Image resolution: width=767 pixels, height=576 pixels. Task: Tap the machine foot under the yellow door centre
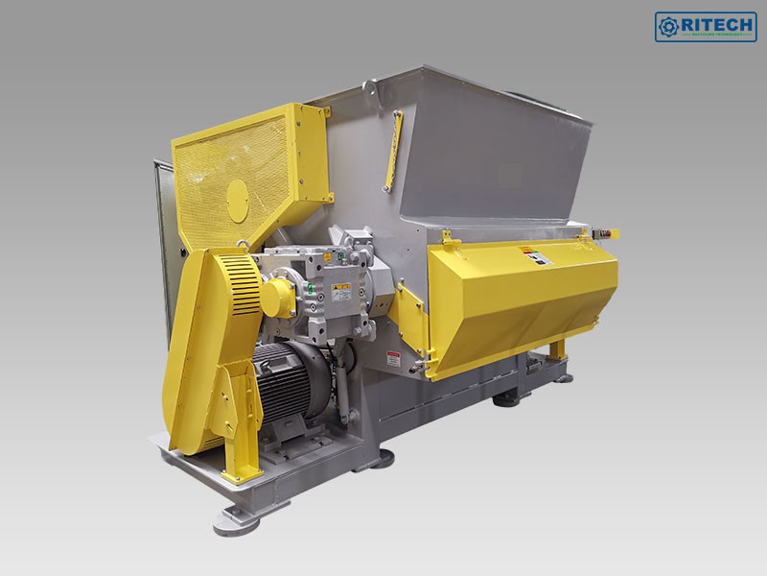click(x=508, y=396)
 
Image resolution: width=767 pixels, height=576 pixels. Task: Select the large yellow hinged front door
click(x=518, y=302)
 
